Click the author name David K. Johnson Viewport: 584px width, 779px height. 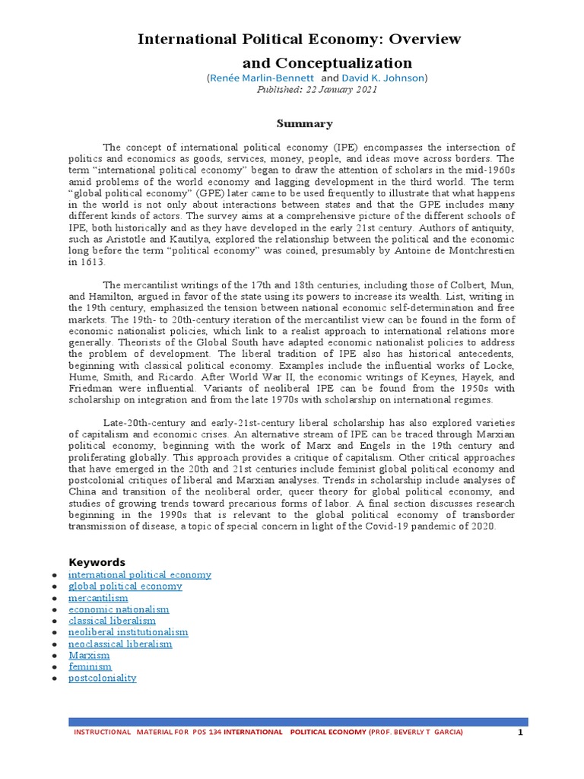[383, 78]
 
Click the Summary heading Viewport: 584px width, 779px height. [304, 123]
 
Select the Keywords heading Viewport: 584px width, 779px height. [97, 562]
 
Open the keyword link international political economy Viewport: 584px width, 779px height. [140, 575]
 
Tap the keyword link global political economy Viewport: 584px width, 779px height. [125, 587]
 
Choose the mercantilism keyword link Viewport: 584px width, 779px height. [98, 598]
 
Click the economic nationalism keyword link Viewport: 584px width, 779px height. [119, 609]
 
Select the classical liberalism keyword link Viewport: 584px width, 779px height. [112, 621]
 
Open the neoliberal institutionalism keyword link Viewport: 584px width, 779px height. [129, 632]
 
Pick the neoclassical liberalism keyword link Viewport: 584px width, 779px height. [120, 644]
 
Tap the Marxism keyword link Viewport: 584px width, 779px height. [89, 655]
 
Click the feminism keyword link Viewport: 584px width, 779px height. [90, 666]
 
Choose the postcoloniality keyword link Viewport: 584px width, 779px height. [103, 678]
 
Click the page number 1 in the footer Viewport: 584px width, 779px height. [520, 732]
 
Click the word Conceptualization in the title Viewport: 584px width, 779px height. [327, 62]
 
